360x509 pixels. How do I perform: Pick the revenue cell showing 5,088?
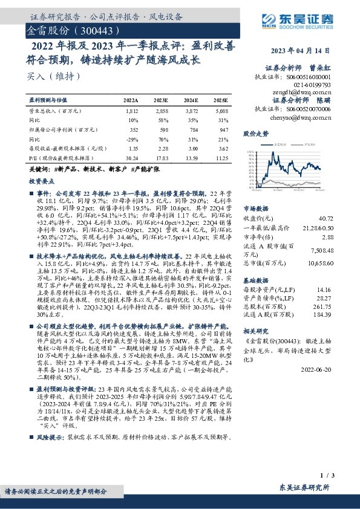tap(220, 112)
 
